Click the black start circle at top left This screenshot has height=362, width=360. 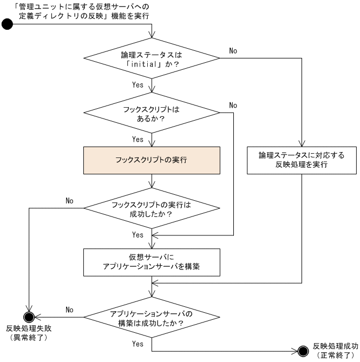coord(8,25)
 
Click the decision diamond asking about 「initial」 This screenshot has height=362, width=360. coord(152,59)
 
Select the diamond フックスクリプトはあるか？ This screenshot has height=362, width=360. coord(152,113)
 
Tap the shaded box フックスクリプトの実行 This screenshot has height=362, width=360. coord(152,160)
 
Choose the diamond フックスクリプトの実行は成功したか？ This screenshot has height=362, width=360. coord(152,209)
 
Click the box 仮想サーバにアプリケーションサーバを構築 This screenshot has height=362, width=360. coord(152,262)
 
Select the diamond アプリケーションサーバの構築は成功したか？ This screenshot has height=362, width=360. coord(152,318)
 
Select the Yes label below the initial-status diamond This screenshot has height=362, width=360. coord(138,85)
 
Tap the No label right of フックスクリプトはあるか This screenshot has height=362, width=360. coord(233,104)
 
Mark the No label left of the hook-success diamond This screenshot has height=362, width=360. coord(69,200)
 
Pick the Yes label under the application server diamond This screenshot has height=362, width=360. coord(138,344)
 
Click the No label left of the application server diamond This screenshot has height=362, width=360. coord(69,310)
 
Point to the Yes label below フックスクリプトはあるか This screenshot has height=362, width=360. coord(138,139)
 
